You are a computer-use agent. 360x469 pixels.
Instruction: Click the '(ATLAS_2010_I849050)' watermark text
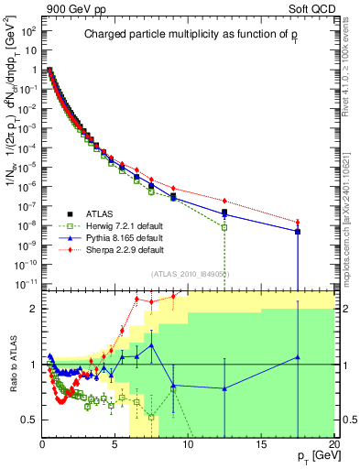[189, 273]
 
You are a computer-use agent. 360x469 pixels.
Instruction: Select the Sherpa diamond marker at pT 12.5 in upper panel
[224, 202]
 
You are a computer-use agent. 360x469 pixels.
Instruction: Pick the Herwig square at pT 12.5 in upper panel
[224, 227]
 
